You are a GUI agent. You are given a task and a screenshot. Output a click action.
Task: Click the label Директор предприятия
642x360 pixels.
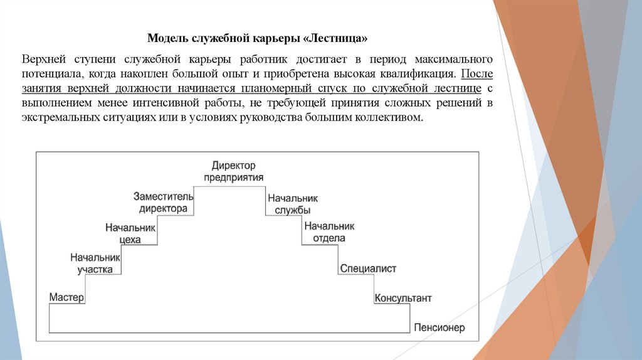233,171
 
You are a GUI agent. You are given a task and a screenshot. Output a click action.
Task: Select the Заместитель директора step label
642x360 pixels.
163,202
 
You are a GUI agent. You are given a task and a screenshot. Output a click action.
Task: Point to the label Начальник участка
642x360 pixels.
95,263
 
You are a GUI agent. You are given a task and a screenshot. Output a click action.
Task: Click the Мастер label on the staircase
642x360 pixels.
66,297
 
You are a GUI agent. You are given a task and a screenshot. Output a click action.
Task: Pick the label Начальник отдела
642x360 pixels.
329,232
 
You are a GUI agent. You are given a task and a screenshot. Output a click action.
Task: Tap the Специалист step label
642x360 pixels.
369,268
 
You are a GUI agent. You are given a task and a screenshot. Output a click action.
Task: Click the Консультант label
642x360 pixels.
403,298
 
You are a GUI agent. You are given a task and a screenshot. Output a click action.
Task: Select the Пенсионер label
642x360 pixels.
439,328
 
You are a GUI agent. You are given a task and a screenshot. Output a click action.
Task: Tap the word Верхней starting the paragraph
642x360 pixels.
43,59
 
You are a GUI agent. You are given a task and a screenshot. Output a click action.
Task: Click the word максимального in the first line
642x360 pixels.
453,59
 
